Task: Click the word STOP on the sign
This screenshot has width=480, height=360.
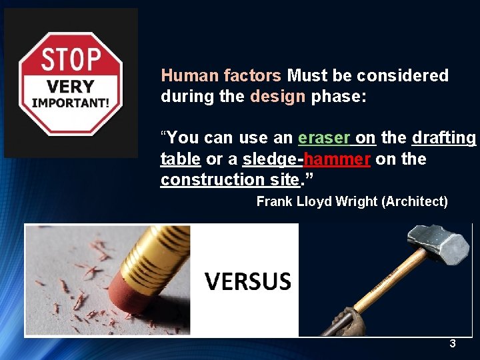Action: coord(71,61)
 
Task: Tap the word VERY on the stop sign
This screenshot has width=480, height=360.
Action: coord(71,87)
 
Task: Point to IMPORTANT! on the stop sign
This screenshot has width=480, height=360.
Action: coord(71,103)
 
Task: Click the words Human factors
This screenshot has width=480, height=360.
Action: coord(221,75)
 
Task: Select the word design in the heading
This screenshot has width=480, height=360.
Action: coord(277,96)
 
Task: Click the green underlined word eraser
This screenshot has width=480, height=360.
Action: coord(324,138)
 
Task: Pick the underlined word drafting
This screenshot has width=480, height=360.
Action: coord(444,138)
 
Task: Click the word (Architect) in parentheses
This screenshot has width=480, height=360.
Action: coord(415,201)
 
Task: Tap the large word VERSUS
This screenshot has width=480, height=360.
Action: coord(248,281)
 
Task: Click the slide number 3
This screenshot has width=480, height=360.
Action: coord(453,344)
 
